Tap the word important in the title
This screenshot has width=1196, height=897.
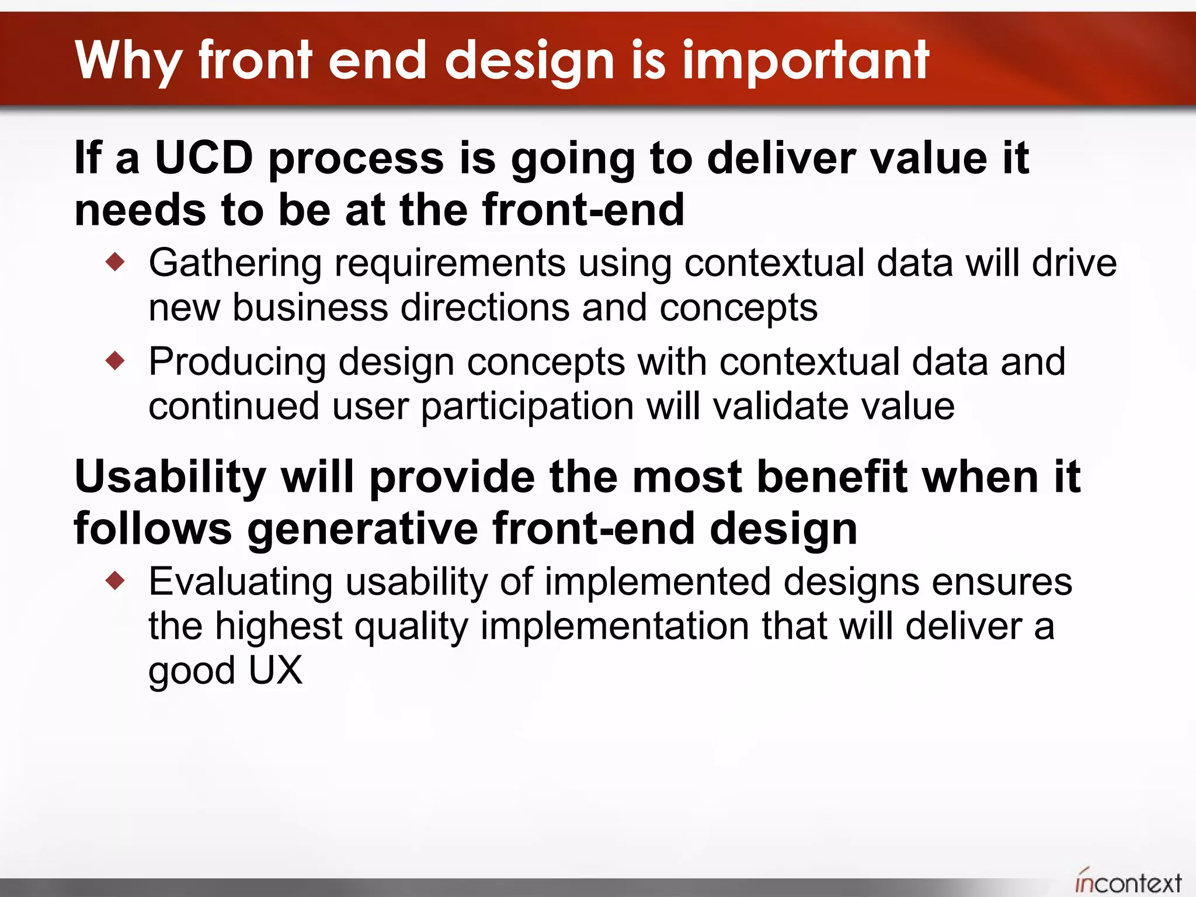tap(805, 60)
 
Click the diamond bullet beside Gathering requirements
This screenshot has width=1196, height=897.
tap(116, 261)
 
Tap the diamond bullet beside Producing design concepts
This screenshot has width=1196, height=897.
tap(116, 360)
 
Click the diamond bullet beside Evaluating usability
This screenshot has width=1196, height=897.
tap(116, 580)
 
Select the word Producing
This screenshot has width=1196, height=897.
tap(237, 362)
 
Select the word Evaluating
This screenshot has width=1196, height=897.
tap(240, 582)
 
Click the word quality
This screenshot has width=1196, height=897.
tap(411, 627)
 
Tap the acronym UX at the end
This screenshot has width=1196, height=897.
tap(275, 670)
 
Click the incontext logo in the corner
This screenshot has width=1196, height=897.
tap(1128, 882)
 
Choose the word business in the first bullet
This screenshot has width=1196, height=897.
tap(310, 308)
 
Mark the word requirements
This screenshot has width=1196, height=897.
tap(449, 263)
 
